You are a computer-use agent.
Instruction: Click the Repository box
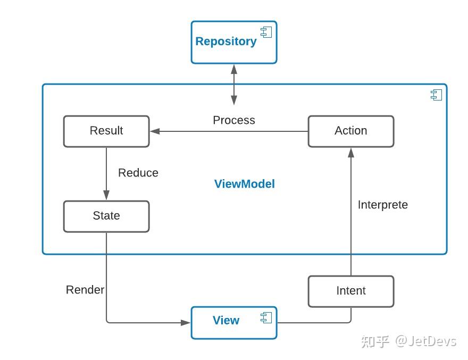point(233,43)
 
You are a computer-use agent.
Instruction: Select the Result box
point(106,131)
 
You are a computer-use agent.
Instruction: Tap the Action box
point(351,131)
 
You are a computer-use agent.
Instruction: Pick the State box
point(106,216)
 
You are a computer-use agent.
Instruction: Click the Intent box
point(351,291)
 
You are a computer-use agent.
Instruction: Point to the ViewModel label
point(245,184)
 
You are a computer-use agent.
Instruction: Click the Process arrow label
point(234,120)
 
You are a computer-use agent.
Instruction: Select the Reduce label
point(138,173)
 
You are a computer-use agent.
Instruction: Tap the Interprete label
point(383,205)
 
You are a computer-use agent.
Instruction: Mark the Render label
point(85,290)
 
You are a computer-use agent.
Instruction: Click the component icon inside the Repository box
point(266,32)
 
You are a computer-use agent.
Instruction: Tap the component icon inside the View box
point(266,318)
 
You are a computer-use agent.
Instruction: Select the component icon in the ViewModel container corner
point(436,95)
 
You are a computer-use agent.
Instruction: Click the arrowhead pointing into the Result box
point(155,131)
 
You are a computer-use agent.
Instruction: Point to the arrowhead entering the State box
point(106,196)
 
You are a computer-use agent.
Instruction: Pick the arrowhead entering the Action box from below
point(351,152)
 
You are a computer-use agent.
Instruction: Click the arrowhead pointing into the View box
point(186,322)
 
